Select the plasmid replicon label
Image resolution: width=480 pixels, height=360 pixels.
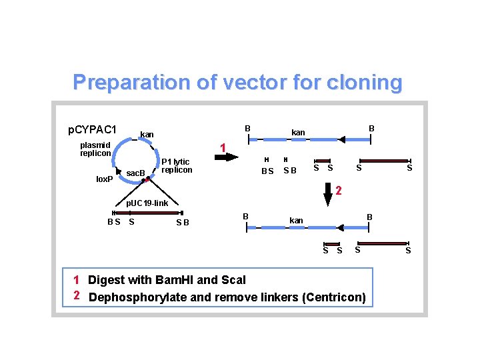[95, 149]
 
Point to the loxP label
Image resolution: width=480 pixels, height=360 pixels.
[105, 179]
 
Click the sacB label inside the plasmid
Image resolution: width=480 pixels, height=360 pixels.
[135, 173]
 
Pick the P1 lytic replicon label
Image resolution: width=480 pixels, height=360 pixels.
[177, 165]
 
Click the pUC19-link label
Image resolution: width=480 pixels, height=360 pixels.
[147, 203]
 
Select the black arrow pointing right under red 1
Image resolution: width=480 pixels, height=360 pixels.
[227, 157]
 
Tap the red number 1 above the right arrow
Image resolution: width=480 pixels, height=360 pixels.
[224, 147]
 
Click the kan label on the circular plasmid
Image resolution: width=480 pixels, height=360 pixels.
[147, 135]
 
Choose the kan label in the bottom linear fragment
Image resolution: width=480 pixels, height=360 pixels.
[296, 220]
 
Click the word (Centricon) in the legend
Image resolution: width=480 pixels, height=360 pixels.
[333, 297]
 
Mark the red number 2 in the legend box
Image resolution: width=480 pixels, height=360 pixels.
[77, 295]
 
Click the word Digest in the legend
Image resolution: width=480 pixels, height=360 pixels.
[105, 280]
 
